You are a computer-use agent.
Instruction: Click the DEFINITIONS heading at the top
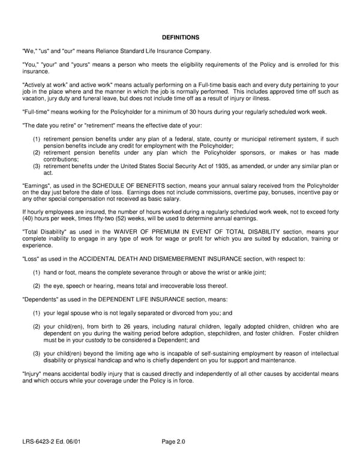[x=180, y=37]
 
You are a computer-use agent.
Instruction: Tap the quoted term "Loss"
[x=31, y=259]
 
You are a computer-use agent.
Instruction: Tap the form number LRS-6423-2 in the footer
[x=40, y=442]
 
